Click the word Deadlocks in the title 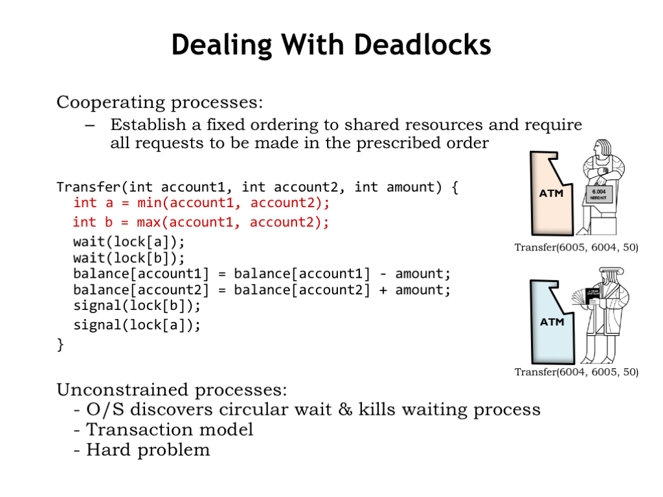pos(422,45)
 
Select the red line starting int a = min pos(201,203)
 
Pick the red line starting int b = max pos(201,223)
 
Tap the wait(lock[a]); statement pos(129,242)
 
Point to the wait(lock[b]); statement pos(129,258)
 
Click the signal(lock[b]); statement pos(137,305)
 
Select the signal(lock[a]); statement pos(137,325)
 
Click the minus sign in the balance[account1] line pos(383,274)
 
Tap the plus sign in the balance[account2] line pos(383,291)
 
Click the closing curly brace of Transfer pos(60,345)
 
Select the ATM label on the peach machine pos(552,193)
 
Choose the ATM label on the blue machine pos(552,322)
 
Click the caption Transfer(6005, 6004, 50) pos(576,247)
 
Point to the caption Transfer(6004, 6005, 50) pos(576,372)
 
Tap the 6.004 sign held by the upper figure pos(599,194)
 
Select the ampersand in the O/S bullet pos(345,410)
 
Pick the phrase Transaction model pos(170,430)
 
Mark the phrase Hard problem pos(148,450)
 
